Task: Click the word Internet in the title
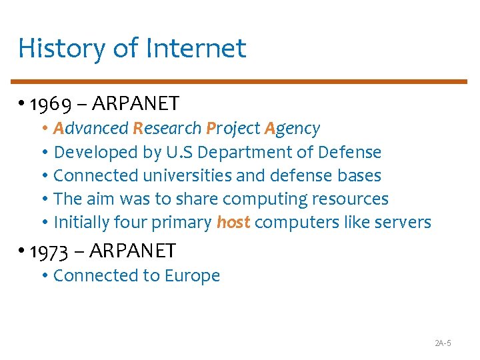click(x=195, y=48)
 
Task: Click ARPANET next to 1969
click(x=136, y=103)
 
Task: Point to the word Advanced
click(x=91, y=128)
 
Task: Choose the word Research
click(x=167, y=128)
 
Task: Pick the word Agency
click(x=291, y=128)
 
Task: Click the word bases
click(x=359, y=176)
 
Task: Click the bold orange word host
click(x=233, y=223)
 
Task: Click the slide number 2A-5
click(x=443, y=343)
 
